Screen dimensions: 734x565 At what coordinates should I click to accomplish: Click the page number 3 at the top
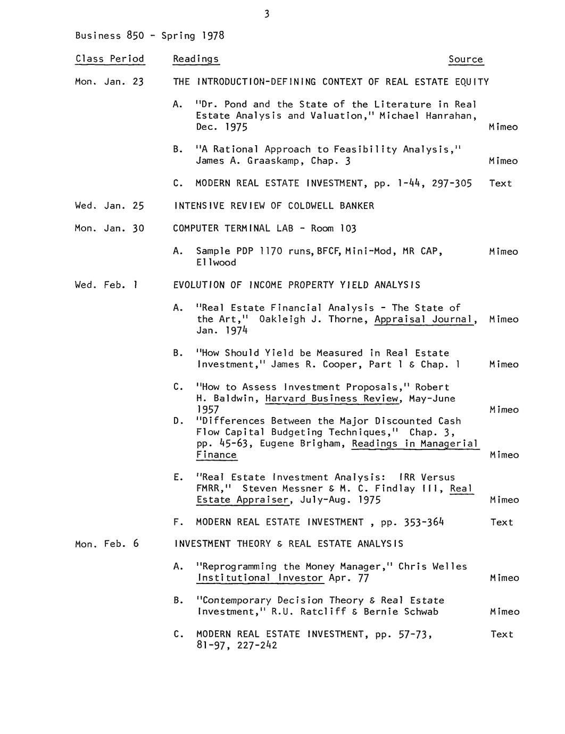tap(267, 14)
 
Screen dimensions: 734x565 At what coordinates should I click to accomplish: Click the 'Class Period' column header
tap(110, 59)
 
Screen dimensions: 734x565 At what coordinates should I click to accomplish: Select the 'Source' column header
tap(466, 59)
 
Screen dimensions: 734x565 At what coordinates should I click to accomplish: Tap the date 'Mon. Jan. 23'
tap(110, 82)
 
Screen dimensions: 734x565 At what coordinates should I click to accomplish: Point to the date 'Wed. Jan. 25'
tap(110, 206)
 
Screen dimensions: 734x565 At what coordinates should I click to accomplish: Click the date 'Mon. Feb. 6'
tap(107, 544)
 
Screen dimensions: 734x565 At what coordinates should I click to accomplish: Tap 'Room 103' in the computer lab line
tap(333, 228)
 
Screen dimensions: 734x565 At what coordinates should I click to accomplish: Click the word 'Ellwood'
tap(216, 262)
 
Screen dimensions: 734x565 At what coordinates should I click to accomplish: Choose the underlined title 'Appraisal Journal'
tap(423, 319)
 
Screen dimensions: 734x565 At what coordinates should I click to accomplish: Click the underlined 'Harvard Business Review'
tap(333, 398)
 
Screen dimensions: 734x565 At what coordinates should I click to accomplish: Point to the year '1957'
tap(207, 410)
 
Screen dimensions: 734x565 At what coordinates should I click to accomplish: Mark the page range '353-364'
tap(423, 522)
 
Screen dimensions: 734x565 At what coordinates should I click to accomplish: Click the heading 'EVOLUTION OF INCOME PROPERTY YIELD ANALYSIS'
tap(296, 285)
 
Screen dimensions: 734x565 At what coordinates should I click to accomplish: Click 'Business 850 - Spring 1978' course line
tap(149, 36)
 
